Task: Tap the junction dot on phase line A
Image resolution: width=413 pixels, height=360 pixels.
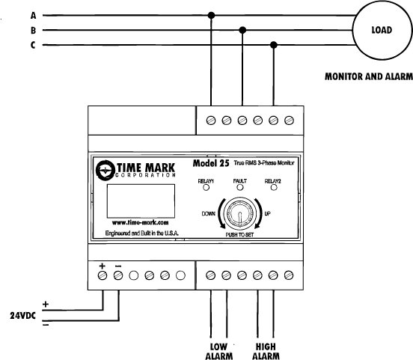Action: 211,15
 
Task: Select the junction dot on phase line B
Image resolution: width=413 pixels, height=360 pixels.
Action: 242,30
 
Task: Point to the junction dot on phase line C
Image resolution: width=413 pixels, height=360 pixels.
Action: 274,45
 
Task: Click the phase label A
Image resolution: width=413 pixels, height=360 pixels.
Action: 33,16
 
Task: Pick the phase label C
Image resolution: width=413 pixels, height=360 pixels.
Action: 33,45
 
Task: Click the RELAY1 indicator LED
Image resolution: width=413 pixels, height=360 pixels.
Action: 206,187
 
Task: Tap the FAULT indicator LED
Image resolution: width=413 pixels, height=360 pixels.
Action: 240,187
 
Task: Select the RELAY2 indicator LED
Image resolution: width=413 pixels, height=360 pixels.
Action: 274,187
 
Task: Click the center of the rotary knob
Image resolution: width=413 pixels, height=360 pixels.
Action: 239,213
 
